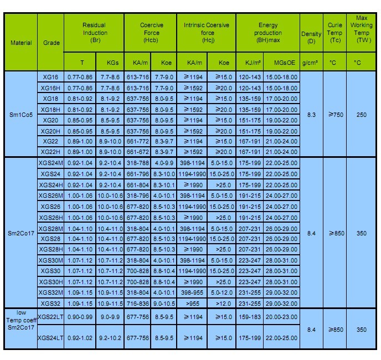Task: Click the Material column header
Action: tap(21, 43)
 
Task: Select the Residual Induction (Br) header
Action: tap(94, 33)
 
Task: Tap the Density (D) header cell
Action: tap(311, 38)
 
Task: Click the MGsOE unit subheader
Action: tap(281, 63)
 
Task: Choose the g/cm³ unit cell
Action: tap(311, 63)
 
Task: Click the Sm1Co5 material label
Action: tap(21, 115)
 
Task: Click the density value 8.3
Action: tap(311, 115)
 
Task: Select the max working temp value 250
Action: tap(361, 115)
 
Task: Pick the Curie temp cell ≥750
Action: tap(334, 115)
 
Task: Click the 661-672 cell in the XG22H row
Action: tap(137, 152)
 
